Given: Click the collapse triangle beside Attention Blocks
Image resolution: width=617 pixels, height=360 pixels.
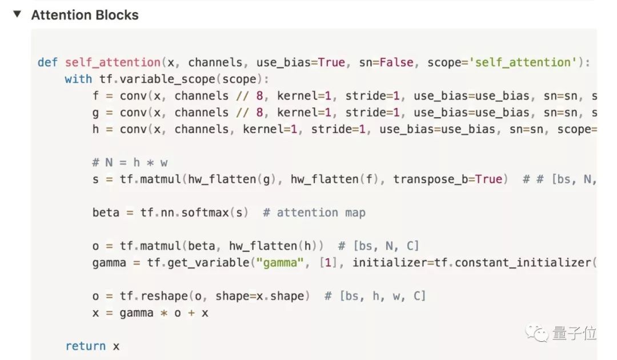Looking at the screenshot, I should pos(17,14).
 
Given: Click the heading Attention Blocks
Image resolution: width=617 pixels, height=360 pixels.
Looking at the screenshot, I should pos(85,15).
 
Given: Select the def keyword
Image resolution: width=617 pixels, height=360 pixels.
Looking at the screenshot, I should pos(47,62).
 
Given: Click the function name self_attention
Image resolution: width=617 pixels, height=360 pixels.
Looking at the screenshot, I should pos(113,62).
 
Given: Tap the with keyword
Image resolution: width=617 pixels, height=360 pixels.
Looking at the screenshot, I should pos(78,79).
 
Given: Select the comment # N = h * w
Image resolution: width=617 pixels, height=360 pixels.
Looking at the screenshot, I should pos(130,162).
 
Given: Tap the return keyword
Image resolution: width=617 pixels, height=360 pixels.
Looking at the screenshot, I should pos(85,346).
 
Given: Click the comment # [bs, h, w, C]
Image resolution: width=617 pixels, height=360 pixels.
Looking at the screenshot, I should pos(375,296).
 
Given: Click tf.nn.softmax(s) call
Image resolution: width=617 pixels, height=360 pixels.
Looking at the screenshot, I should pos(194,213).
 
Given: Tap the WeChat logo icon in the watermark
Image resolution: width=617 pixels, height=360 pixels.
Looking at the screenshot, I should pos(538,333).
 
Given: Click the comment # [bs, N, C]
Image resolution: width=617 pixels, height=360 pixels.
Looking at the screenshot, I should pos(378,246).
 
